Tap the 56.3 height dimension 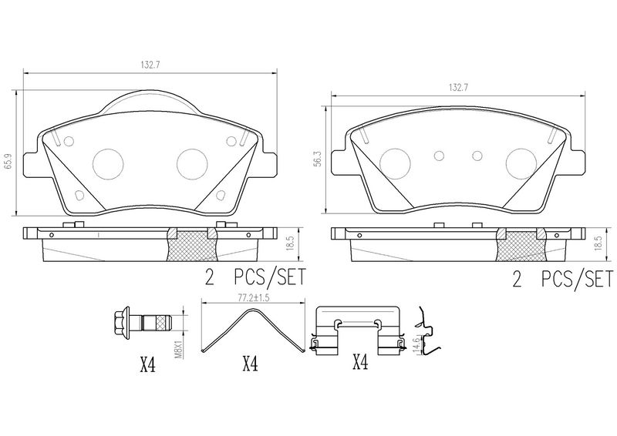(x=318, y=158)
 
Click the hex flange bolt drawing (x=143, y=324)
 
